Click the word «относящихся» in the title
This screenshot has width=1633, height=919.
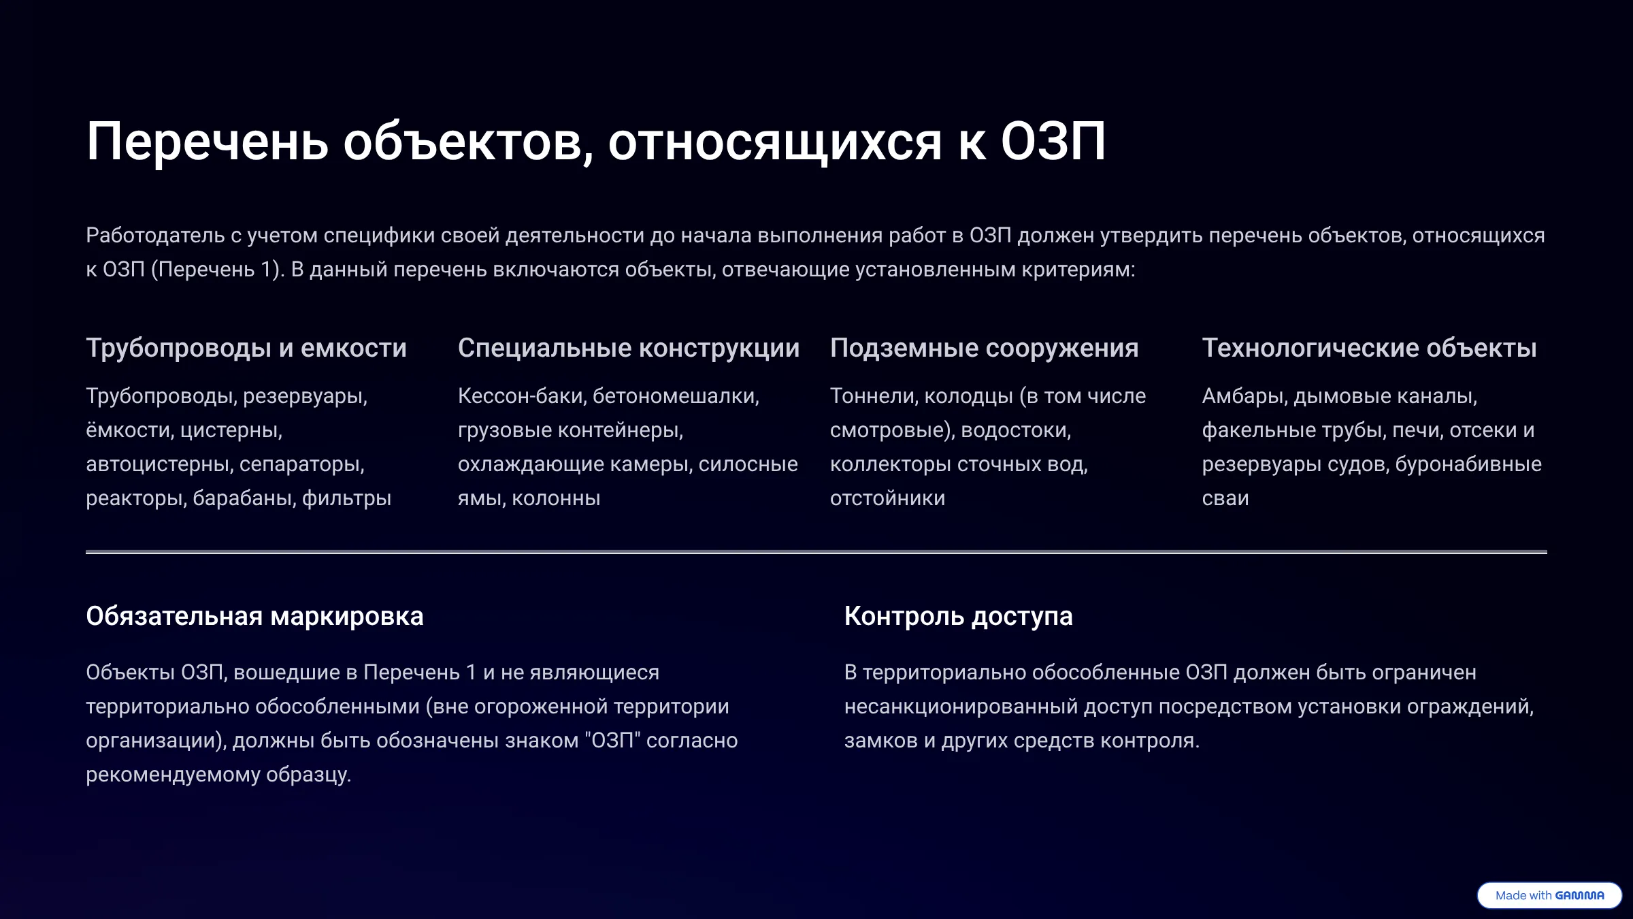point(775,142)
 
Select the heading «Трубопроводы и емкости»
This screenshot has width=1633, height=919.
point(246,348)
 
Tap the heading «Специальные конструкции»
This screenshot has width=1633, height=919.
point(629,348)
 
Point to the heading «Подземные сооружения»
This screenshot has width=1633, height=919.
point(984,348)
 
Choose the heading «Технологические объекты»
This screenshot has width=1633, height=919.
point(1369,348)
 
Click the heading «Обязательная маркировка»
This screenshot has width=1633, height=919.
point(254,616)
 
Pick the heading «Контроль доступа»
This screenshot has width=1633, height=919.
point(958,616)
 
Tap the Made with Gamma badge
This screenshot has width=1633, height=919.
point(1549,895)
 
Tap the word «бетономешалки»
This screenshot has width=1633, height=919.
point(676,396)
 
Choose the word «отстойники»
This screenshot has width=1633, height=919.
point(887,498)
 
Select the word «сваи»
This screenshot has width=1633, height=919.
point(1225,498)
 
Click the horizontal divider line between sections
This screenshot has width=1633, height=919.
point(816,552)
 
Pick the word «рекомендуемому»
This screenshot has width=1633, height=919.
point(173,775)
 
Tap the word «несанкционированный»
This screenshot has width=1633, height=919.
point(961,707)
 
